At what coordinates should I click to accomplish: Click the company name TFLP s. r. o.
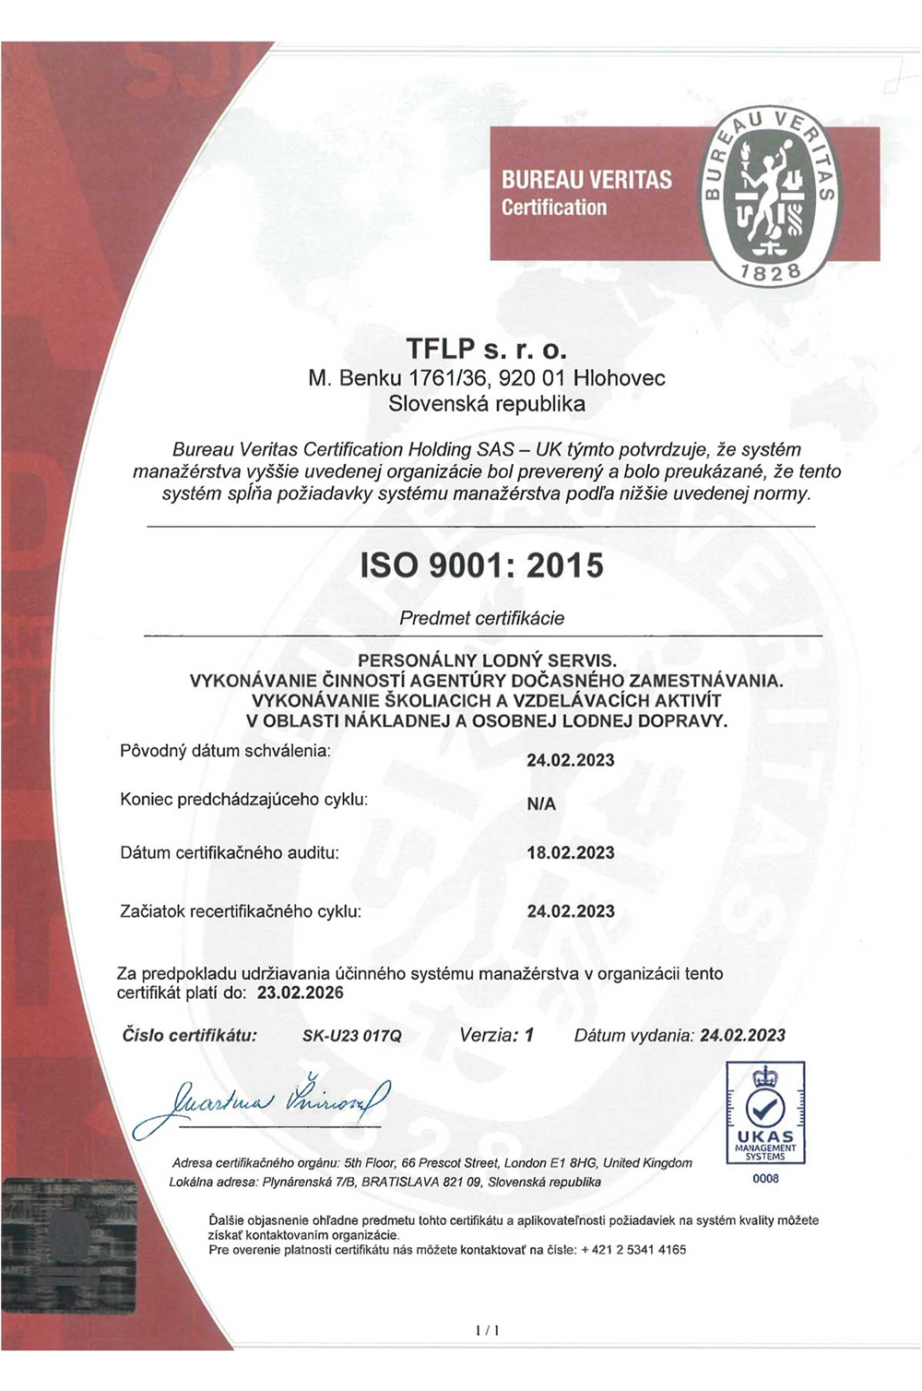pyautogui.click(x=486, y=350)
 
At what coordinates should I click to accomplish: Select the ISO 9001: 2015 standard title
pyautogui.click(x=481, y=565)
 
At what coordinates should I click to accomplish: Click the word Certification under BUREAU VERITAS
pyautogui.click(x=554, y=208)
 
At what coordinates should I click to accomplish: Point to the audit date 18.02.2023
pyautogui.click(x=570, y=853)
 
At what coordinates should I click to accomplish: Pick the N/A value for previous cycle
pyautogui.click(x=541, y=804)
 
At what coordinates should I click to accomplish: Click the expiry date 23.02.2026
pyautogui.click(x=300, y=993)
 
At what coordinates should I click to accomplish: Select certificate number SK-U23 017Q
pyautogui.click(x=352, y=1036)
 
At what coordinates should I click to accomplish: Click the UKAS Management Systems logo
pyautogui.click(x=765, y=1112)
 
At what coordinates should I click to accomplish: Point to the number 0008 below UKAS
pyautogui.click(x=765, y=1179)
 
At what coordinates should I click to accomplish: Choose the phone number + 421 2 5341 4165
pyautogui.click(x=633, y=1250)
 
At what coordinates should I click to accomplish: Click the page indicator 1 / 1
pyautogui.click(x=487, y=1330)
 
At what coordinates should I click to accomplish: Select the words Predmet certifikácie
pyautogui.click(x=481, y=618)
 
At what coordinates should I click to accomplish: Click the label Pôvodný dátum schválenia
pyautogui.click(x=225, y=751)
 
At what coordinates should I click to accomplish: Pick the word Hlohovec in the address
pyautogui.click(x=619, y=378)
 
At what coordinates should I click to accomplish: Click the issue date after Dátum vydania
pyautogui.click(x=742, y=1036)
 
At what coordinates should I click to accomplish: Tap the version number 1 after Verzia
pyautogui.click(x=529, y=1035)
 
